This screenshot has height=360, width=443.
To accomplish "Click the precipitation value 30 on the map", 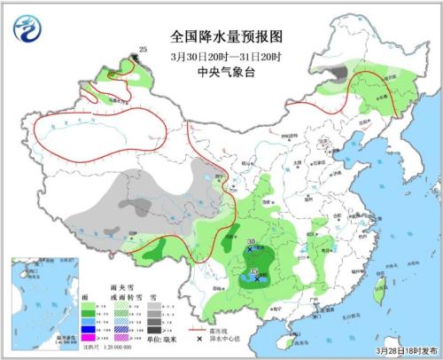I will click(252, 242).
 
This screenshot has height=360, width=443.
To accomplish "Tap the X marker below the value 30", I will click(251, 251).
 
